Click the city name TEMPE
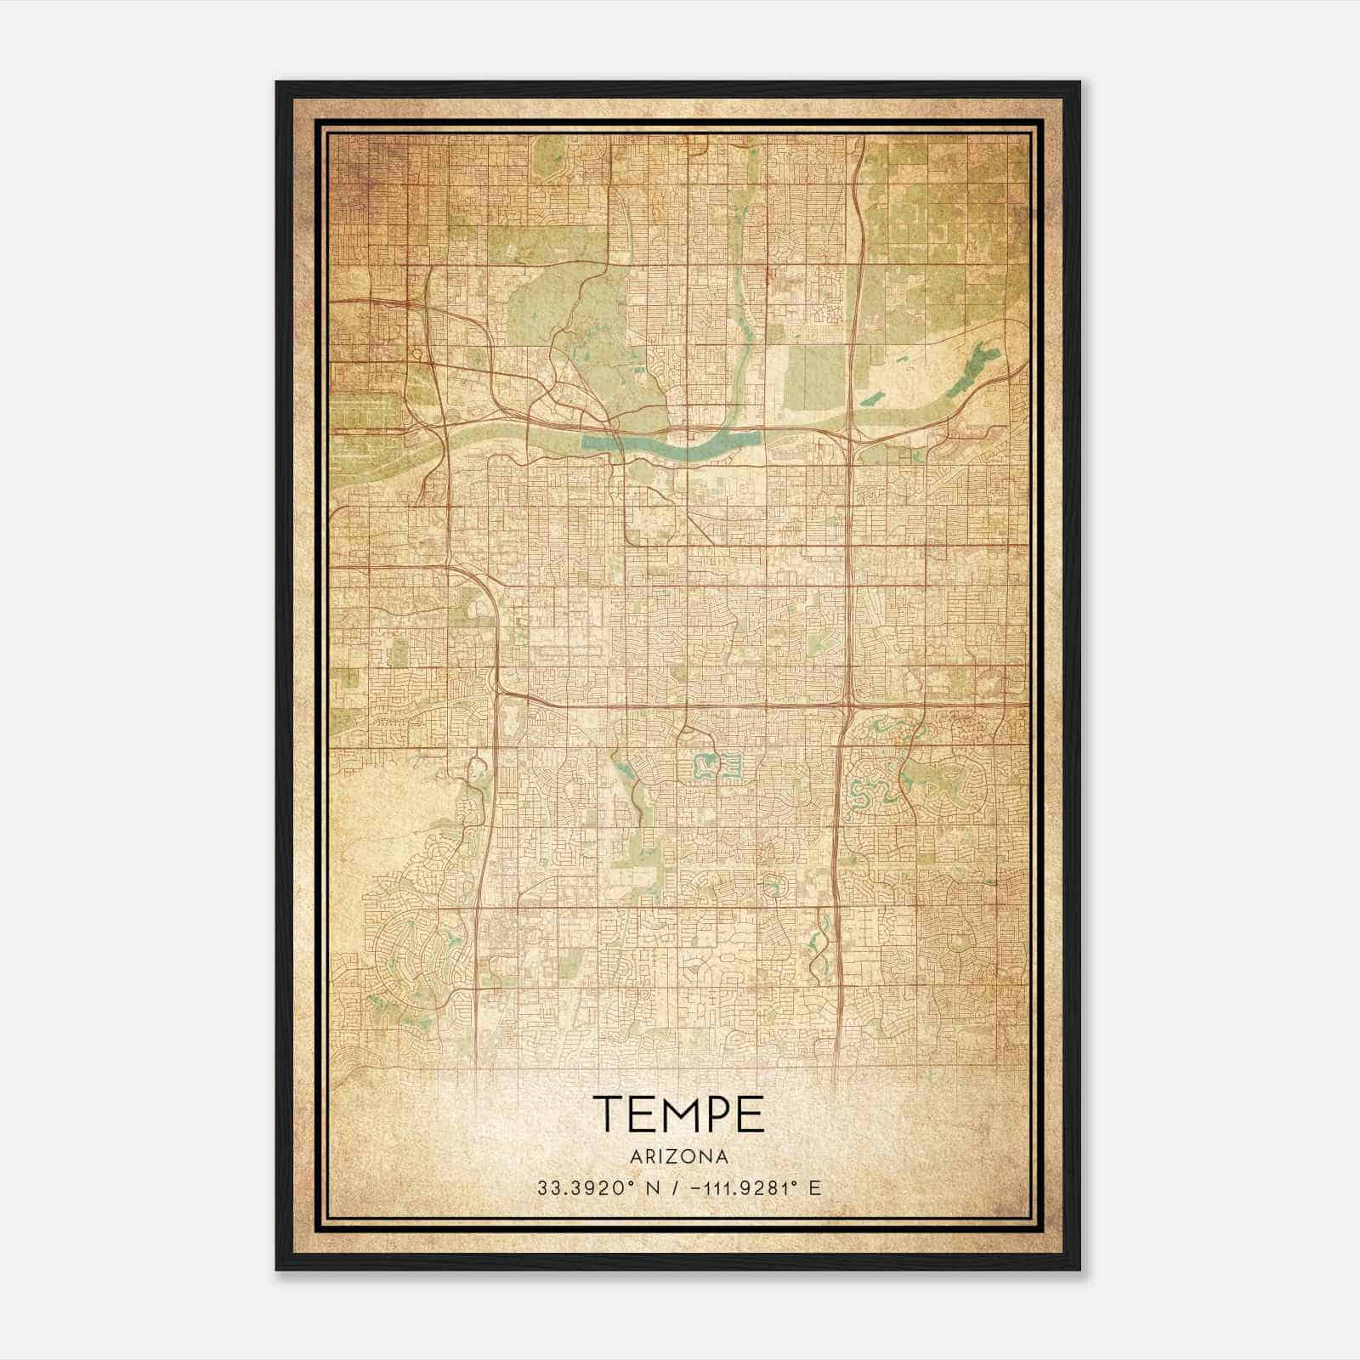coord(678,1113)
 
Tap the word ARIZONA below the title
coord(678,1157)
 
